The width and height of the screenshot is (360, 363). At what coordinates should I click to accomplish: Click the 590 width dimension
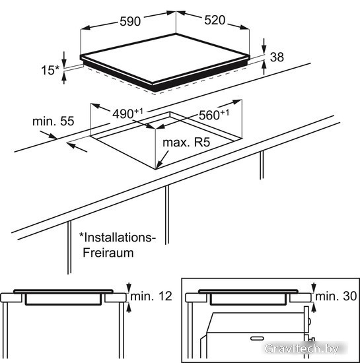point(130,21)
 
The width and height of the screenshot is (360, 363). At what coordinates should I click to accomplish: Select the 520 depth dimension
point(215,20)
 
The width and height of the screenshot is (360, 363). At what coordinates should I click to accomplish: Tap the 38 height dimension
point(277,57)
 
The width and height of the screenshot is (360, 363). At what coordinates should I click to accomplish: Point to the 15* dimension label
point(50,70)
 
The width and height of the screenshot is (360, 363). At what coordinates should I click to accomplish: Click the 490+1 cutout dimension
point(127,114)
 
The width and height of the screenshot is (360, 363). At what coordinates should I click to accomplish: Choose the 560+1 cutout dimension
point(214,115)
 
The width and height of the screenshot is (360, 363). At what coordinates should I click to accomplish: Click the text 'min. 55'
point(54,121)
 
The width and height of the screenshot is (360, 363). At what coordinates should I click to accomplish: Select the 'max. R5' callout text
point(186,143)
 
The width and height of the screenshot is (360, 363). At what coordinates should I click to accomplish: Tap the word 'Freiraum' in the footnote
point(108,253)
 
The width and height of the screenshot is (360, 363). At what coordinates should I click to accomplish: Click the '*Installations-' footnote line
point(117,238)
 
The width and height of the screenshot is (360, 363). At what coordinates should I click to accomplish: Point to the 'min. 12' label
point(151,296)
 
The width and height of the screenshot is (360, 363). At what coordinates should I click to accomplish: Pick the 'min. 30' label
point(336,296)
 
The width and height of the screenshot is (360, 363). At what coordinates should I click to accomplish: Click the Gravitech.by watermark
point(302,348)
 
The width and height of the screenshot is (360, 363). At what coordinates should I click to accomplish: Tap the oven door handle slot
point(257,339)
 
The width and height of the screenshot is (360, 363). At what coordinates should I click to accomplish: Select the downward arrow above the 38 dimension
point(264,46)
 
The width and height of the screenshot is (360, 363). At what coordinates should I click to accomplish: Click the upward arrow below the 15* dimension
point(64,78)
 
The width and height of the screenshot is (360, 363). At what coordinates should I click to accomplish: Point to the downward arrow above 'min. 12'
point(129,288)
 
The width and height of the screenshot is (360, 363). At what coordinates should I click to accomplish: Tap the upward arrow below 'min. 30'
point(314,308)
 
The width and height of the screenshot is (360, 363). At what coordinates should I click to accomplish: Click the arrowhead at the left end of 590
point(85,28)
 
